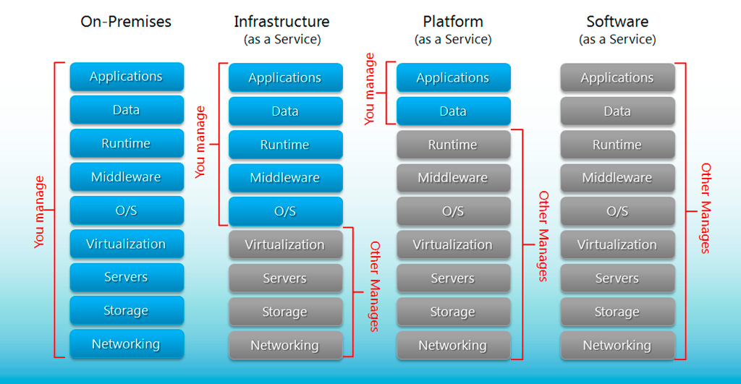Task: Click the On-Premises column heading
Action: [126, 22]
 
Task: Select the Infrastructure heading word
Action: [281, 22]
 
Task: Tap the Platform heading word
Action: [453, 22]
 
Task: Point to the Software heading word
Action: [617, 22]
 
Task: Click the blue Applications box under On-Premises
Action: [127, 77]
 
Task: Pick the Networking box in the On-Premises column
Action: [127, 344]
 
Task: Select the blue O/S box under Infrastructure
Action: [285, 211]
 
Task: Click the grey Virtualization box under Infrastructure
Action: [285, 245]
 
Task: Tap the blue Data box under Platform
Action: [453, 111]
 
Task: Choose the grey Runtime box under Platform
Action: [453, 145]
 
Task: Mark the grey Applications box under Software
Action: [617, 77]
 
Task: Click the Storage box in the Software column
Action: [617, 312]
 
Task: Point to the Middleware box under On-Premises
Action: [127, 177]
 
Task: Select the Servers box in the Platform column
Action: [453, 278]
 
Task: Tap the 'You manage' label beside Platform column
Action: [370, 89]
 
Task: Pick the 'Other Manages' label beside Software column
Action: [706, 208]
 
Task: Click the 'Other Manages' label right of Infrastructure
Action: [374, 286]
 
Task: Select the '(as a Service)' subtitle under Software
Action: [617, 40]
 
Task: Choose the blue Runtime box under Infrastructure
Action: [285, 145]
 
